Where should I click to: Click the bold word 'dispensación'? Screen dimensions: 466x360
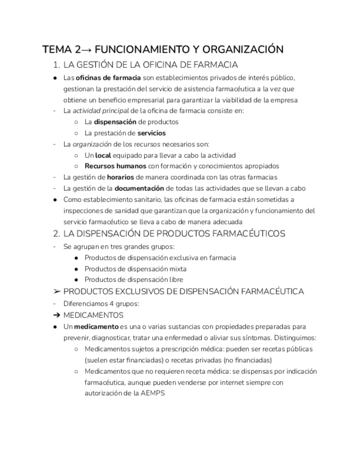[x=115, y=122]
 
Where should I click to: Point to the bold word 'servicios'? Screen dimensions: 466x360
[x=151, y=133]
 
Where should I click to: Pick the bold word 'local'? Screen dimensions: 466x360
[x=103, y=155]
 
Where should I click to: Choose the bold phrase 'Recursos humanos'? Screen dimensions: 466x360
[x=115, y=166]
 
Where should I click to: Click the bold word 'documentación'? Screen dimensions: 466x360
[x=139, y=188]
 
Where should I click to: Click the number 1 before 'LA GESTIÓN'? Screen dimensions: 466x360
[x=56, y=65]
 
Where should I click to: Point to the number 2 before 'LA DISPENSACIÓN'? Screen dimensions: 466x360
[x=56, y=234]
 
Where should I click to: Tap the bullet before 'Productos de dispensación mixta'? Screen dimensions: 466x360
[x=76, y=269]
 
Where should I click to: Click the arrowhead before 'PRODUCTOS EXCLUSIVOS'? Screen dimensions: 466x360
[x=56, y=292]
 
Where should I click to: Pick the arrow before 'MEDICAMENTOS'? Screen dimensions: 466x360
[x=56, y=315]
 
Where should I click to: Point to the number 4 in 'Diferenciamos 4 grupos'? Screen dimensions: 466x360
[x=111, y=304]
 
